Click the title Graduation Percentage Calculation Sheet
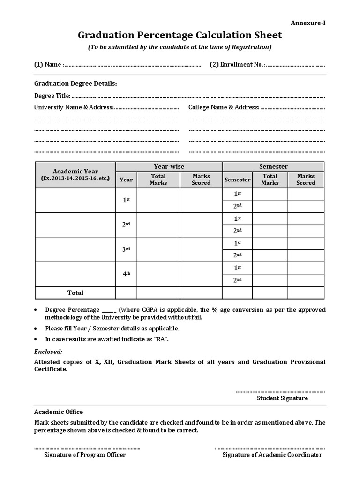pyautogui.click(x=180, y=35)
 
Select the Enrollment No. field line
pyautogui.click(x=295, y=65)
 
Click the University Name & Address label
pyautogui.click(x=74, y=107)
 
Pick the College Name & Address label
pyautogui.click(x=224, y=107)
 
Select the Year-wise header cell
pyautogui.click(x=169, y=166)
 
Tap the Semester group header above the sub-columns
pyautogui.click(x=273, y=166)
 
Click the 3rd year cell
pyautogui.click(x=126, y=249)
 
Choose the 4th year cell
pyautogui.click(x=126, y=274)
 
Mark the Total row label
pyautogui.click(x=75, y=292)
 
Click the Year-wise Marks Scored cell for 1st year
pyautogui.click(x=201, y=200)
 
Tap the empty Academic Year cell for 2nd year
pyautogui.click(x=75, y=225)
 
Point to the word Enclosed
pyautogui.click(x=48, y=352)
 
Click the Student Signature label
pyautogui.click(x=282, y=398)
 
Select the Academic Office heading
pyautogui.click(x=59, y=412)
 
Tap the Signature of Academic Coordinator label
pyautogui.click(x=272, y=455)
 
